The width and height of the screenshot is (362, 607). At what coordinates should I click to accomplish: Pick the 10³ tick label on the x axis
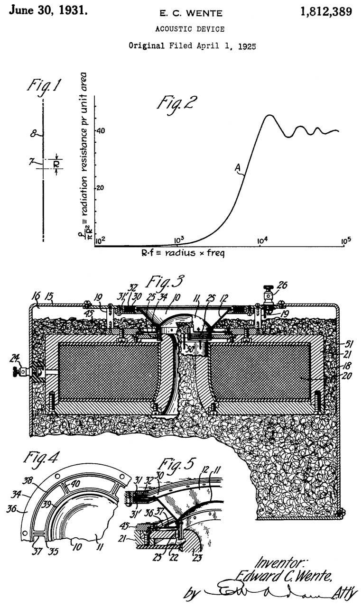[181, 240]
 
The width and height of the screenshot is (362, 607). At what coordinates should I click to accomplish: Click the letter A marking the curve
[238, 167]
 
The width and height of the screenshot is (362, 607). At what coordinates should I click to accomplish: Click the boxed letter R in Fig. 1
[56, 165]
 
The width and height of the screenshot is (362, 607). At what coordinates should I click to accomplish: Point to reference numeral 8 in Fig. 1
[34, 134]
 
